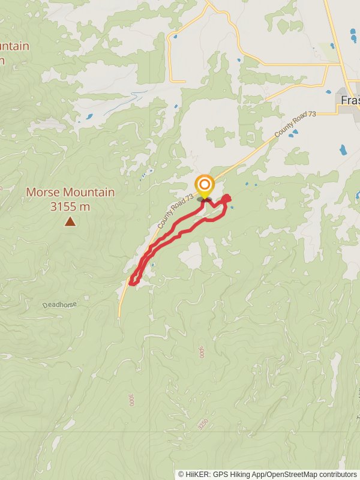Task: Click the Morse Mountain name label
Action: tap(70, 193)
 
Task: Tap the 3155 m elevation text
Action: tap(70, 206)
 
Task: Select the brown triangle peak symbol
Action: tap(70, 222)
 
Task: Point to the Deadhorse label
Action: tap(59, 305)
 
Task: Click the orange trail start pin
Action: tap(205, 185)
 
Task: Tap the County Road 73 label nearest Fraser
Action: tap(295, 124)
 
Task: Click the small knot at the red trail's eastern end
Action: tap(227, 198)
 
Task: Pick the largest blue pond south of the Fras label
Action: tap(343, 149)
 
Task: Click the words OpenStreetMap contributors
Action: tap(311, 475)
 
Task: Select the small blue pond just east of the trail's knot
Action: tap(232, 208)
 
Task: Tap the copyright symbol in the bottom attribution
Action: tap(181, 475)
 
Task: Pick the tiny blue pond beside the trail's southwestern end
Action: tap(154, 265)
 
